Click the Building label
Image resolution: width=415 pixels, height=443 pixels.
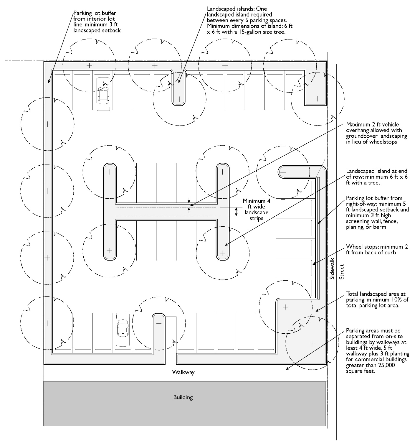[x=183, y=397]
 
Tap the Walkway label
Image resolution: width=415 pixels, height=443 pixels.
[x=183, y=372]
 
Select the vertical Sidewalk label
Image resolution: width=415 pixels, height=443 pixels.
[x=332, y=269]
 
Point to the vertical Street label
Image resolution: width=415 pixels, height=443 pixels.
[x=341, y=272]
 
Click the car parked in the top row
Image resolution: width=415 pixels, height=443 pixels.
[x=103, y=94]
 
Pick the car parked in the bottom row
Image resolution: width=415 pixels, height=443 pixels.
[x=123, y=330]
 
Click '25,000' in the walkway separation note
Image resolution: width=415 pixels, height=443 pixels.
[x=386, y=365]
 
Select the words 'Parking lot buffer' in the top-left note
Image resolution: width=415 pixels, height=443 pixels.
[x=95, y=13]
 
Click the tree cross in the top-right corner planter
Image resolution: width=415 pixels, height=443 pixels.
[x=318, y=99]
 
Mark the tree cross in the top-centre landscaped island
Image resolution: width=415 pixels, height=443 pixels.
[x=179, y=99]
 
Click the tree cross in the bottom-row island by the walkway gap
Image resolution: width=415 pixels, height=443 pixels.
[x=159, y=323]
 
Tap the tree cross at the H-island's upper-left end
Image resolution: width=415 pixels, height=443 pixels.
[x=109, y=172]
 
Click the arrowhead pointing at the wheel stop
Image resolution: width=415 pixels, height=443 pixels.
[x=314, y=264]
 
